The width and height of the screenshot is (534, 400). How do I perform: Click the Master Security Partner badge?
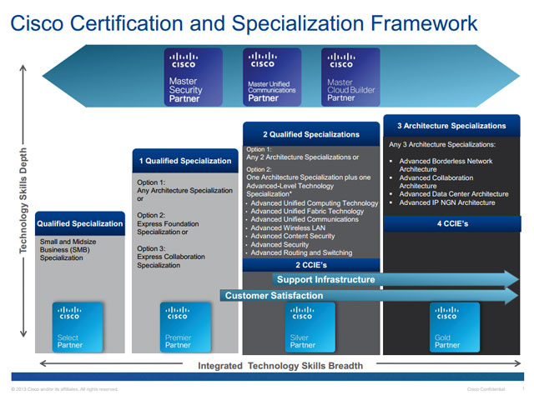[194, 77]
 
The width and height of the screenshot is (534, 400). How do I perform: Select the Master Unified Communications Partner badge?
[272, 77]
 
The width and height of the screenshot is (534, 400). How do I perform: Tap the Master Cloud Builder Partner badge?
[350, 77]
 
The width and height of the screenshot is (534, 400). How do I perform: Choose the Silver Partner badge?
[310, 326]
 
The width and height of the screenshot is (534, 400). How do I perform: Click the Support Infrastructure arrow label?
[325, 279]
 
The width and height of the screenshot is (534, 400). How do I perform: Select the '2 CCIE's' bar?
[310, 265]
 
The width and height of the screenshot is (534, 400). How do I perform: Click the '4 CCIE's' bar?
[451, 222]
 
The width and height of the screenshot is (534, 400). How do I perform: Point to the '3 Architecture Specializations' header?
[451, 126]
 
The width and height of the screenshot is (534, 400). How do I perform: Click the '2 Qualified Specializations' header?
[310, 133]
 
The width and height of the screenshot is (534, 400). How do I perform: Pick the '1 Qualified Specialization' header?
[185, 161]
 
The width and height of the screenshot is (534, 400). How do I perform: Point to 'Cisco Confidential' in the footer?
[486, 389]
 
